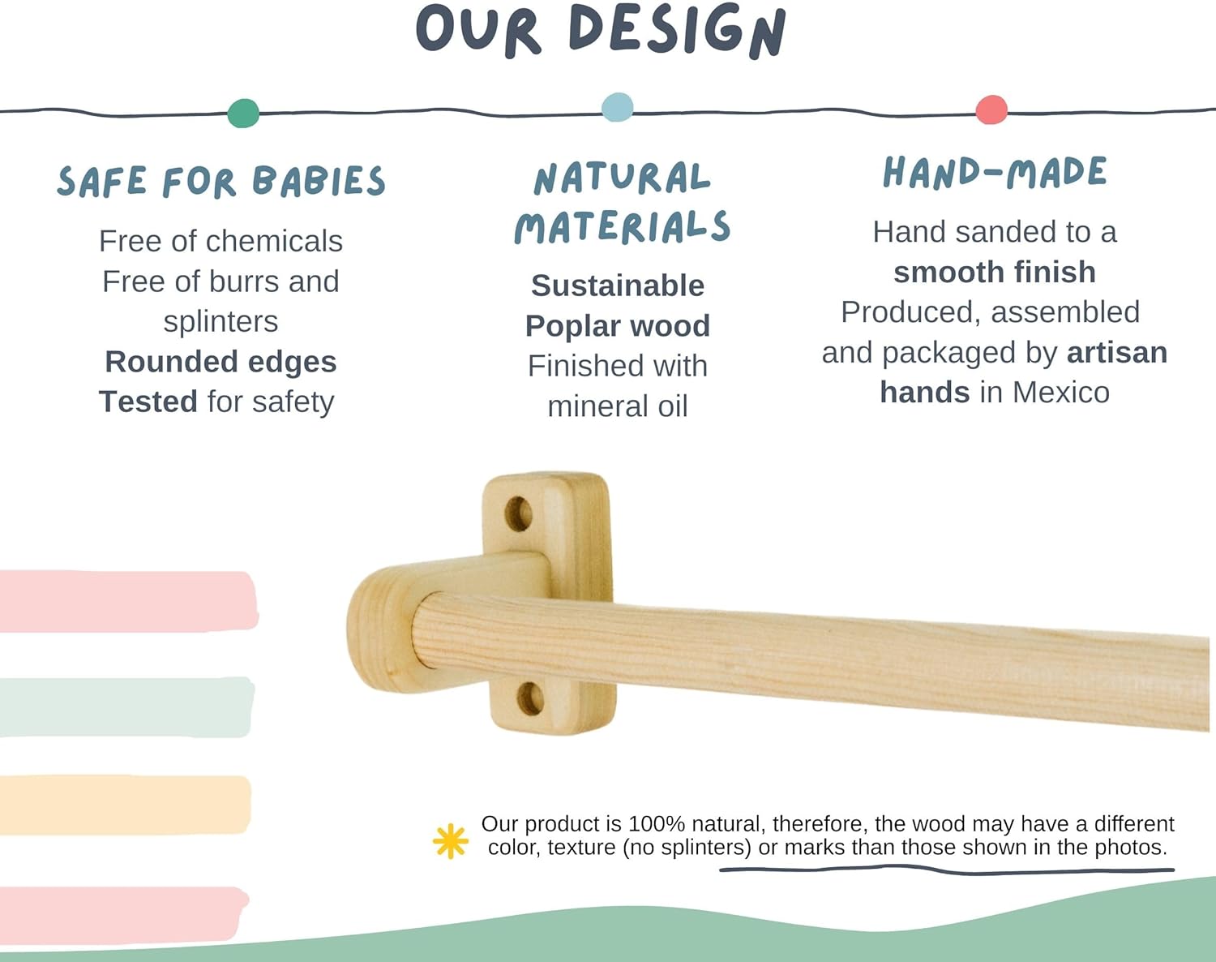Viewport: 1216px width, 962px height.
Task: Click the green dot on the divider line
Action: [x=243, y=113]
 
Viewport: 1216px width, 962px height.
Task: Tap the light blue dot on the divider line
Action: [x=618, y=107]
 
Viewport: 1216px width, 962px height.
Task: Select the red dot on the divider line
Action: [x=991, y=110]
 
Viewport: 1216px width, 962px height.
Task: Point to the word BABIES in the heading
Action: [x=319, y=181]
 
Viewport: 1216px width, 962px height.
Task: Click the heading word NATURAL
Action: [x=622, y=178]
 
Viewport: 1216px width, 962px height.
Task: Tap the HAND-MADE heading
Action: [x=995, y=173]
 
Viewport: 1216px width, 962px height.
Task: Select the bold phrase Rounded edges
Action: [x=221, y=362]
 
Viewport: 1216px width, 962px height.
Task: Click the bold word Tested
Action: [x=148, y=402]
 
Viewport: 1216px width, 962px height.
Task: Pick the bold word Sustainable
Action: [x=618, y=286]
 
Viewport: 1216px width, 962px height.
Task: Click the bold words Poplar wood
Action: [x=618, y=326]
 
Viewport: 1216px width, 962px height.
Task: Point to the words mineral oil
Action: [x=618, y=406]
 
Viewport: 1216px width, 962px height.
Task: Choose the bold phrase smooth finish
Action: [x=995, y=273]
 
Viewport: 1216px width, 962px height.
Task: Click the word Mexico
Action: [x=1060, y=393]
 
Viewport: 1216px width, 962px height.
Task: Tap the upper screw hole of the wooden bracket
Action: [x=518, y=514]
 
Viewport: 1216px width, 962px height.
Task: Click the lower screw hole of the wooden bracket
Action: [x=531, y=698]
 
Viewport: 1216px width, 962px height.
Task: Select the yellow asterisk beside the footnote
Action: [x=451, y=841]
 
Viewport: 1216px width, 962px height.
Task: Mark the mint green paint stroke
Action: [x=126, y=707]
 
